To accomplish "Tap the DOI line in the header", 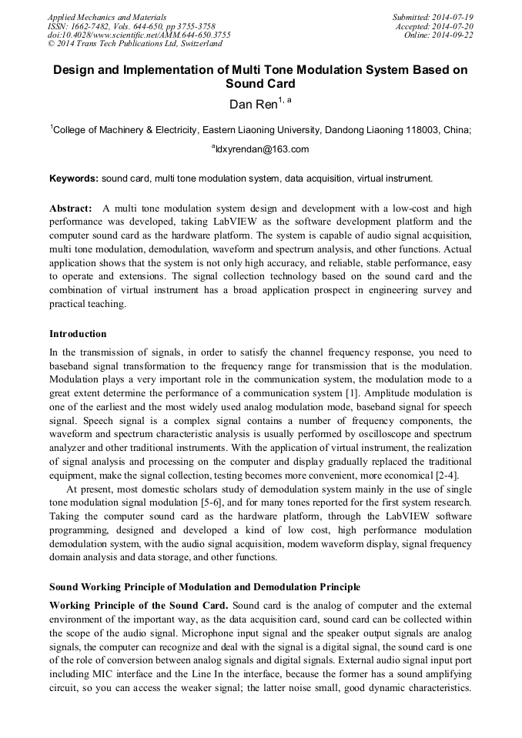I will [x=139, y=35].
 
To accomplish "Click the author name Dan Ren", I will [x=255, y=104].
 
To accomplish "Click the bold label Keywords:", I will [x=74, y=179].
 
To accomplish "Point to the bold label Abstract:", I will [x=71, y=209].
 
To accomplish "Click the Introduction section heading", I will [x=78, y=334].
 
